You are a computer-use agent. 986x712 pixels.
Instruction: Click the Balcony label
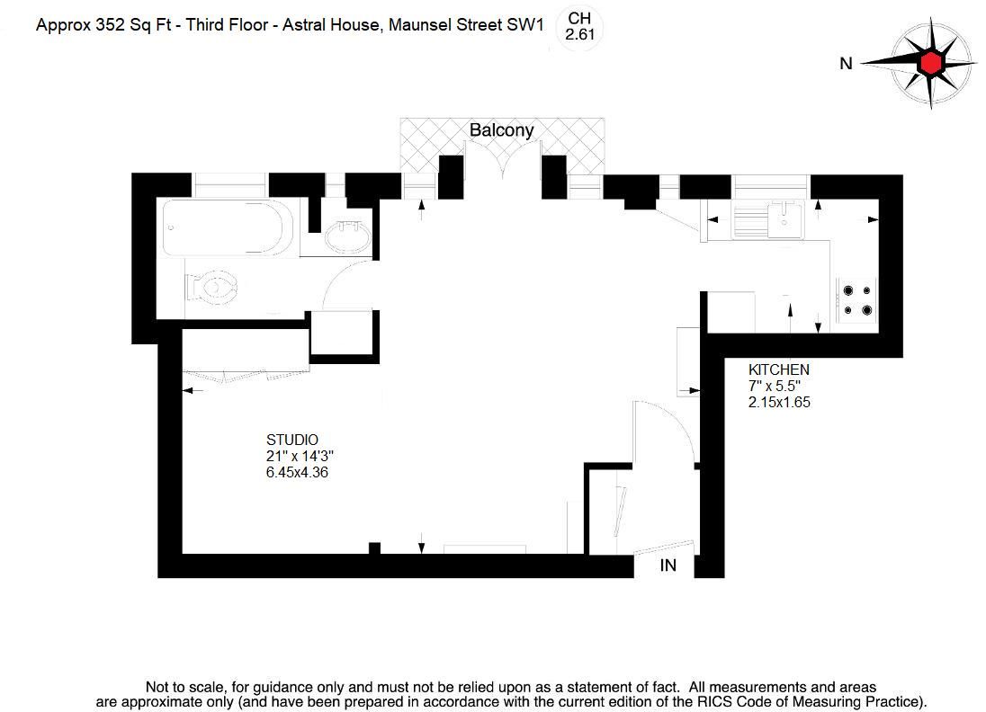point(501,130)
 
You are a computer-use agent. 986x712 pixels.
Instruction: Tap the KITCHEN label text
point(779,369)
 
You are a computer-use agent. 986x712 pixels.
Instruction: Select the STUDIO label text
point(291,440)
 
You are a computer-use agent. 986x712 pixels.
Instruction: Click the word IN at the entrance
point(668,565)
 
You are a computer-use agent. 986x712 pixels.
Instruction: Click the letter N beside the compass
point(845,63)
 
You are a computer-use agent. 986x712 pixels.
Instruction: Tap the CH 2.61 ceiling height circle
point(580,26)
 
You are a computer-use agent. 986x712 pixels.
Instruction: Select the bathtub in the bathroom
point(229,227)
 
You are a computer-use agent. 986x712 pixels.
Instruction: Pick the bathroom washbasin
point(346,238)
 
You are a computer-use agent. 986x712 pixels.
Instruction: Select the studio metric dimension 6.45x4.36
point(296,472)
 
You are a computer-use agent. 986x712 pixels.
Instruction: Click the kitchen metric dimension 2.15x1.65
point(779,403)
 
